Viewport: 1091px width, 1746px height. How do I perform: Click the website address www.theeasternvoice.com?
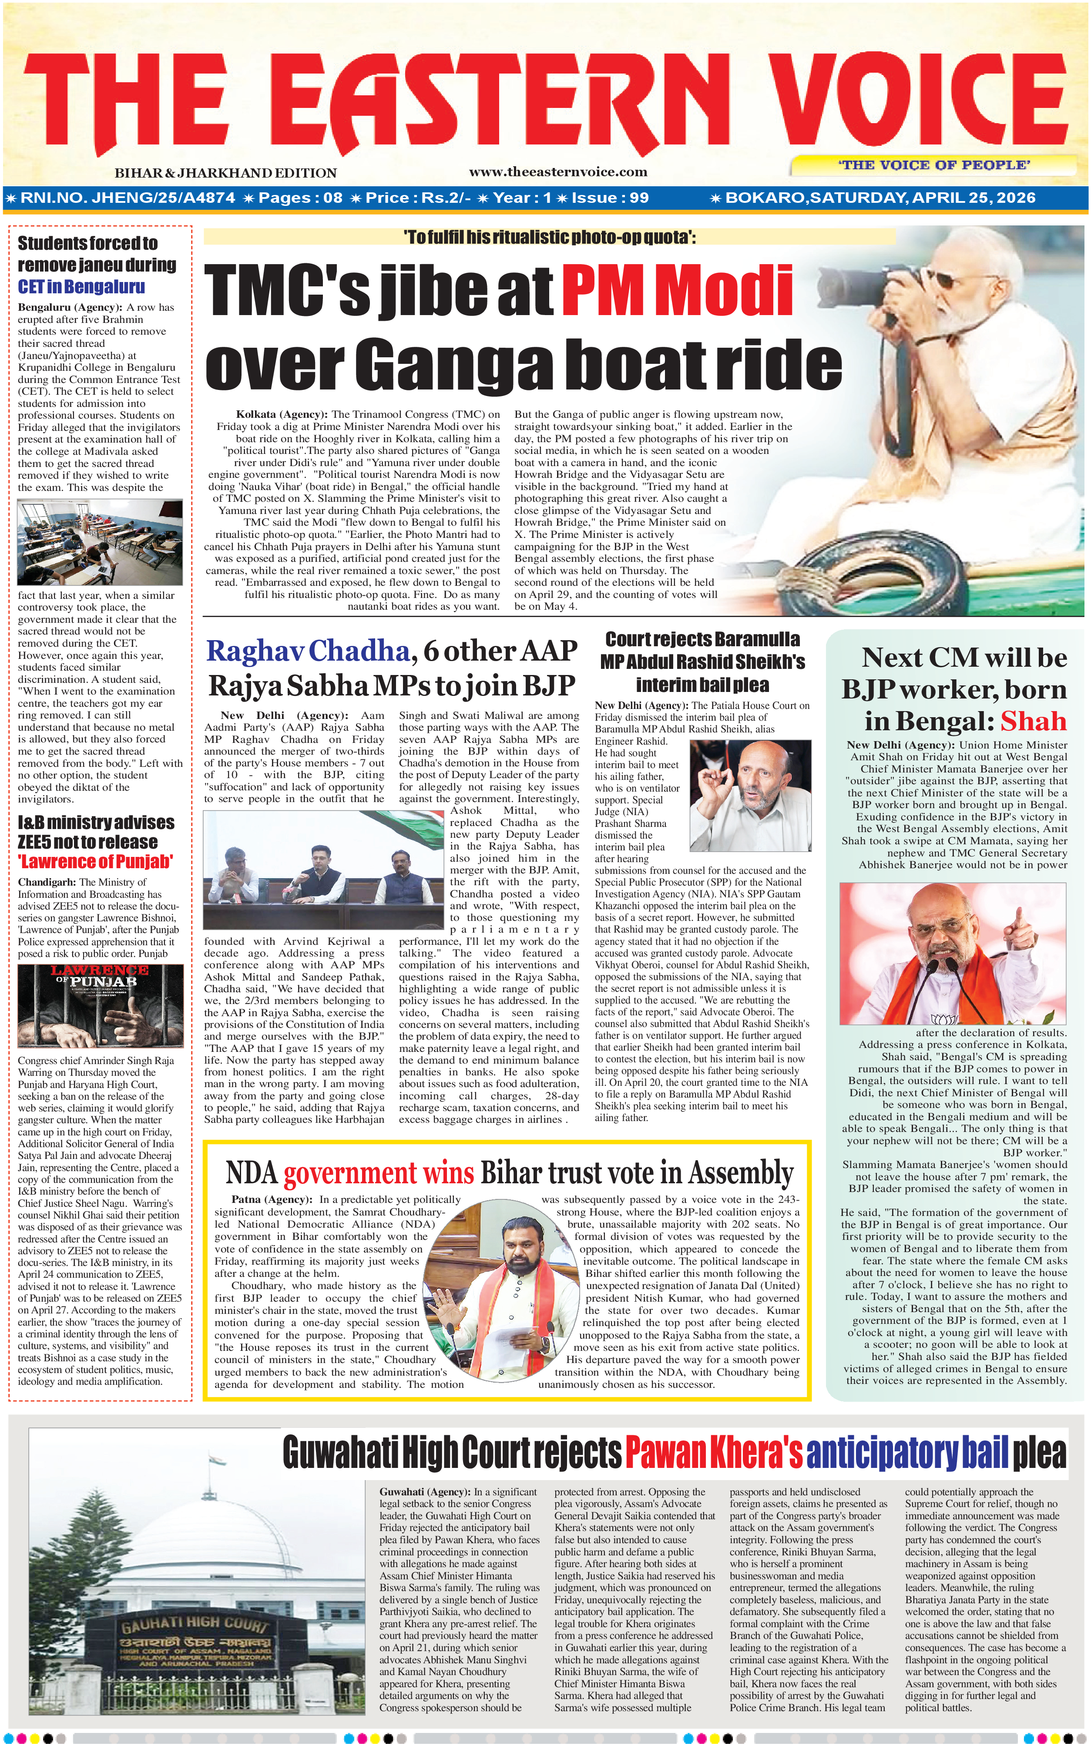(558, 172)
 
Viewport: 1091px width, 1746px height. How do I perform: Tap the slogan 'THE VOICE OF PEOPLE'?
(934, 165)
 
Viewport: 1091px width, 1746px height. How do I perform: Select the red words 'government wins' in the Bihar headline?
(379, 1173)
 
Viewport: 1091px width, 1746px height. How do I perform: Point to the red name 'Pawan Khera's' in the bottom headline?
(713, 1452)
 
